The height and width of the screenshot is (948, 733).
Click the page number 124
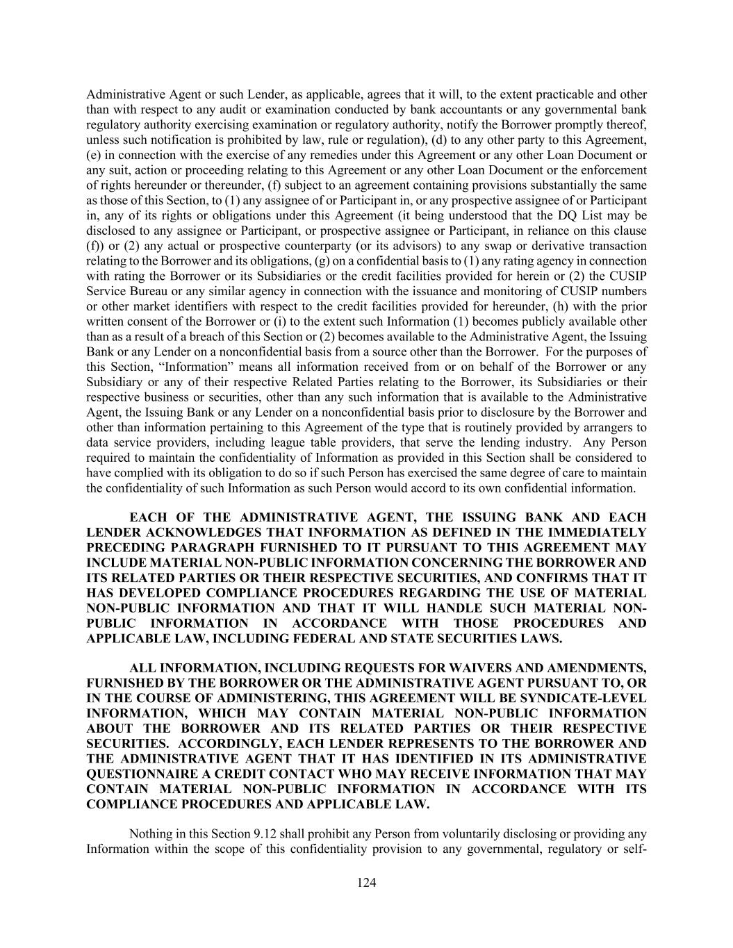[366, 883]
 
